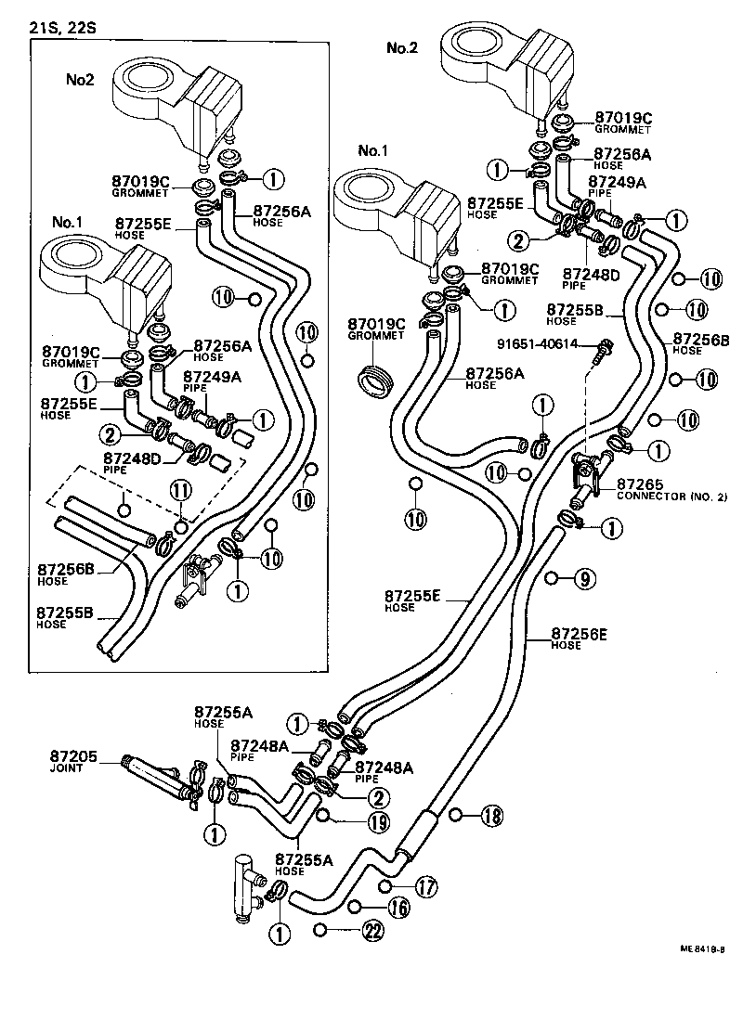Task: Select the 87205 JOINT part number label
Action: point(66,763)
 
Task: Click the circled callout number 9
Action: point(582,578)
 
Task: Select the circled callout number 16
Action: point(398,908)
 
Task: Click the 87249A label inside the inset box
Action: point(211,376)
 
